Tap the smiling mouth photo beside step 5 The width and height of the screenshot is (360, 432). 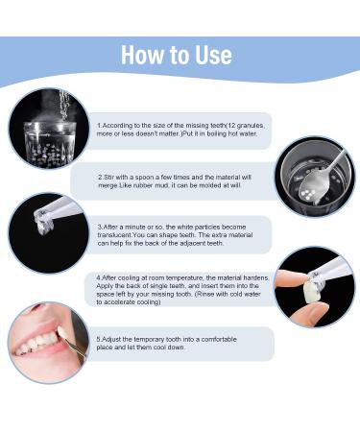pyautogui.click(x=48, y=343)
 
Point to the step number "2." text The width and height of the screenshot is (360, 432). pyautogui.click(x=101, y=178)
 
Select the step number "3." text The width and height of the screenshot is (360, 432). pyautogui.click(x=101, y=228)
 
